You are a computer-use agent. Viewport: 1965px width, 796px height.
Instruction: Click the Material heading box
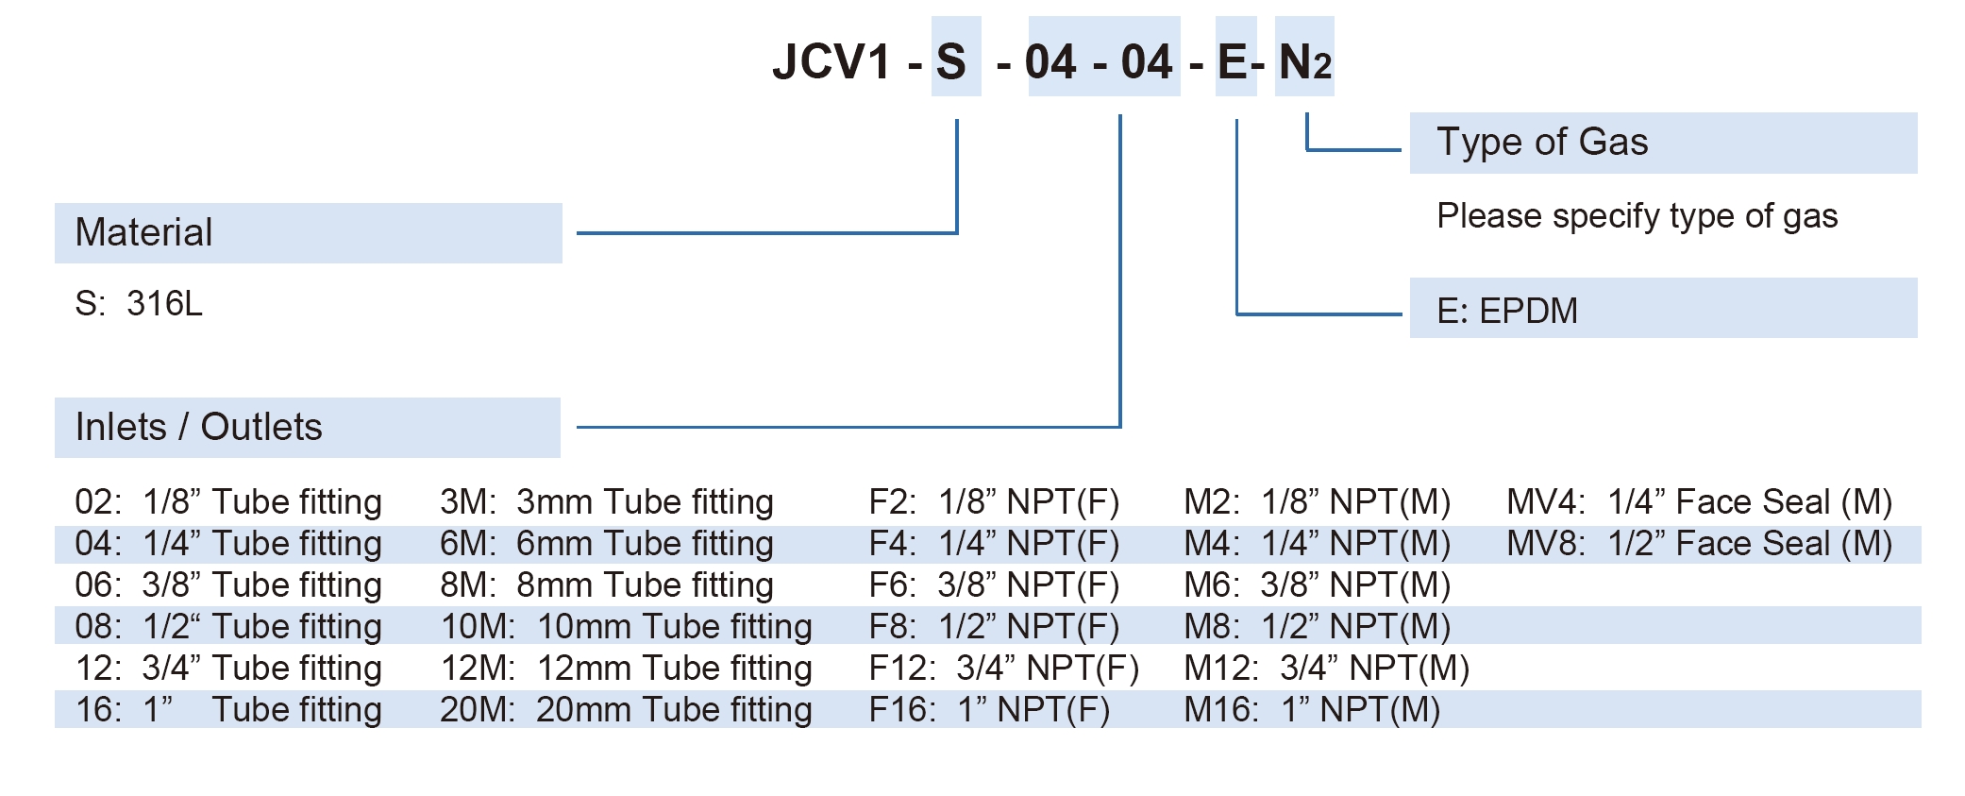pos(308,233)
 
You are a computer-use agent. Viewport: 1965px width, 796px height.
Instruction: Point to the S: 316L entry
pos(139,304)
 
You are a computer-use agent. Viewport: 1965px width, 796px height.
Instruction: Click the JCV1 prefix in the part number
pos(831,62)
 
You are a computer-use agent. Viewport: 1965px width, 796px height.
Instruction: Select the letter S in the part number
pos(951,62)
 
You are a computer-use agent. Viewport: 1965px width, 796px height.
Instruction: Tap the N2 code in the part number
pos(1304,62)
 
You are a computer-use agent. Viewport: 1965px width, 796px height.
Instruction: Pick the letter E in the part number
pos(1233,62)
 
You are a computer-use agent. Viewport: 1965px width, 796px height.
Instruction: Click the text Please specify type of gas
pos(1637,216)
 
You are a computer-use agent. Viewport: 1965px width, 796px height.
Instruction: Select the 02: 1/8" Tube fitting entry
pos(228,502)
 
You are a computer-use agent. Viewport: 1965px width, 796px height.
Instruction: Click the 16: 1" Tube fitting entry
pos(228,710)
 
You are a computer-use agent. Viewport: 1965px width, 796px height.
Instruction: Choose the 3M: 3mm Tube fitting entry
pos(606,502)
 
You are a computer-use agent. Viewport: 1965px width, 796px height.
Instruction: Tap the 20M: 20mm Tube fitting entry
pos(626,710)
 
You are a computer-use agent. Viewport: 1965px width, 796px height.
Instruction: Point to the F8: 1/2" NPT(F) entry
pos(993,627)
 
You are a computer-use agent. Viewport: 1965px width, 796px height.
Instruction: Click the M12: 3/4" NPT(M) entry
pos(1326,669)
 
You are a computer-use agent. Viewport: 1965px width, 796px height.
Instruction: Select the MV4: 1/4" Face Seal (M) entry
pos(1699,502)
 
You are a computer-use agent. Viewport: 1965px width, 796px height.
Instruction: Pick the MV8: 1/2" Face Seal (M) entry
pos(1699,544)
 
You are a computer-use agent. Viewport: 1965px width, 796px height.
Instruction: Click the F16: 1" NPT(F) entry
pos(988,710)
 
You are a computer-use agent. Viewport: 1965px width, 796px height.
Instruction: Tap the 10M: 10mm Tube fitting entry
pos(626,627)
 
